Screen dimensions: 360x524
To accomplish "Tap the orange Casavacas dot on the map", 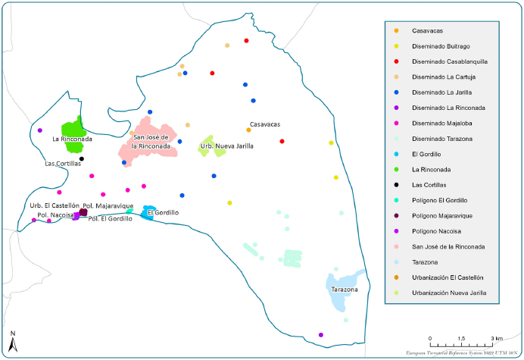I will pos(248,130).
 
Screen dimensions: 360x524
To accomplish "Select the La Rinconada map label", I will pos(72,139).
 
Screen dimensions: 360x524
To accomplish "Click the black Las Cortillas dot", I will pos(82,158).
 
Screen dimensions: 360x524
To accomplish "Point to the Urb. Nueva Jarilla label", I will pos(226,146).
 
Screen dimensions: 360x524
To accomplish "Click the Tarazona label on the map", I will pos(344,290).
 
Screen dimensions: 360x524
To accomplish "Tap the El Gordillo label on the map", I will pos(163,213).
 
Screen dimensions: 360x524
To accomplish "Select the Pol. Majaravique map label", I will pos(108,206).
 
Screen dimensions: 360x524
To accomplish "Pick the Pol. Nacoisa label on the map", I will pos(55,215).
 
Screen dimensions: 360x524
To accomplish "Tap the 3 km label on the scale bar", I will pos(497,337).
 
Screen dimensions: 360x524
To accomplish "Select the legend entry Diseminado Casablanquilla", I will pos(449,61).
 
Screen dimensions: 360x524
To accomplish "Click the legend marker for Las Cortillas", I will pos(398,185).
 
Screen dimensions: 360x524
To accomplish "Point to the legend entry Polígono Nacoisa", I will pos(435,231).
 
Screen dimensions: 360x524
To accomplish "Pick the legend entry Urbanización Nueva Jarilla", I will pos(448,293).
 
